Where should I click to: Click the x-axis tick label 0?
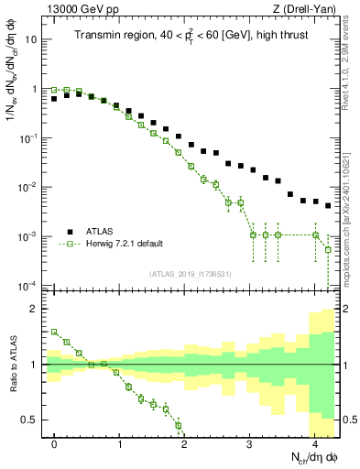coord(55,444)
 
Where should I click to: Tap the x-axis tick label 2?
coord(185,444)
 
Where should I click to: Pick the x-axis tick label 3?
coord(250,444)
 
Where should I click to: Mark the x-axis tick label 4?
coord(315,444)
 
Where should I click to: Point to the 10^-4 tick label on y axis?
coord(28,285)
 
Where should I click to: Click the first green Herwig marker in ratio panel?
coord(55,333)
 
